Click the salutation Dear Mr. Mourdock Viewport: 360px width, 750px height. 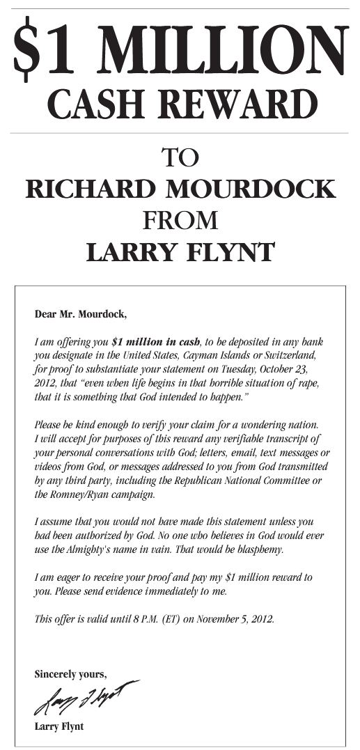[x=81, y=313]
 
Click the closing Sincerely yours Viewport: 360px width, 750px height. [x=70, y=673]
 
